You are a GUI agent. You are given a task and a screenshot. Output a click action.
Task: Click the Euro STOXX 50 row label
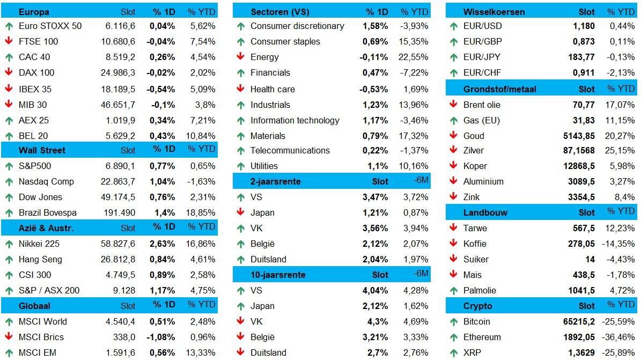tap(50, 26)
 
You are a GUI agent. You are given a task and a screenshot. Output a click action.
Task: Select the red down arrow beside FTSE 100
tap(9, 41)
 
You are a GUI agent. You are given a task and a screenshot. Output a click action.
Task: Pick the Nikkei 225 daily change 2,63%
tap(162, 244)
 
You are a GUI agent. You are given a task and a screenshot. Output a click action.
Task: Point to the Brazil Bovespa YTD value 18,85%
tap(201, 212)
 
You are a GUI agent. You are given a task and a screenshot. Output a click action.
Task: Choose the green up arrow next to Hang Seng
tap(9, 259)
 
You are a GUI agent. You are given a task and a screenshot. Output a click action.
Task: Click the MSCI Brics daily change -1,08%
tap(161, 337)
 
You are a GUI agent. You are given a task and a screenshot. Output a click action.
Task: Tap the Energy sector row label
tap(264, 57)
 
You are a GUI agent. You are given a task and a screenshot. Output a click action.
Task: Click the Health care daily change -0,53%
tap(374, 89)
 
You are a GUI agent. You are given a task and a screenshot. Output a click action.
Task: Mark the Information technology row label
tap(294, 120)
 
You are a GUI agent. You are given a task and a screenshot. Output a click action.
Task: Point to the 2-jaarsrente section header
tap(276, 181)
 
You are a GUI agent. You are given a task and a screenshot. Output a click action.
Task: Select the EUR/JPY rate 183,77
tap(584, 57)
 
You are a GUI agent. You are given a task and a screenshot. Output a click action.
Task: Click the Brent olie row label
tap(482, 105)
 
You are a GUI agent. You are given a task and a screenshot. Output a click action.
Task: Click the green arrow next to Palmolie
tap(453, 290)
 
